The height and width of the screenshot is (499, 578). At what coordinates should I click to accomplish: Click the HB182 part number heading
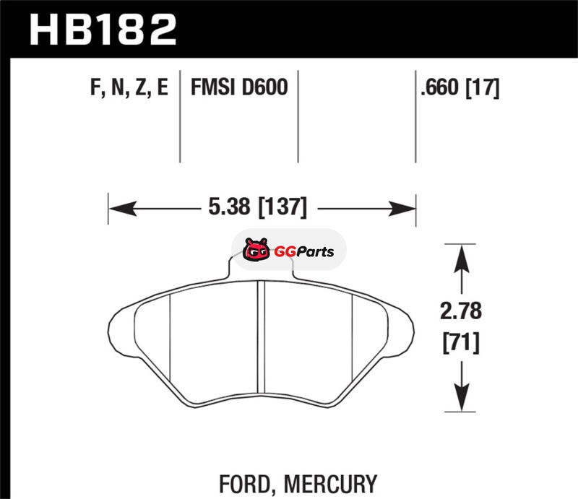coord(103,29)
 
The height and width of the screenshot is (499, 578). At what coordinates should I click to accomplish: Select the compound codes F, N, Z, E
coord(129,87)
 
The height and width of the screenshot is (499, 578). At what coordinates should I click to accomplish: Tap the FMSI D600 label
coord(239,87)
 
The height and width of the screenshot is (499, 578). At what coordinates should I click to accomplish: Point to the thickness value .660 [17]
coord(460,88)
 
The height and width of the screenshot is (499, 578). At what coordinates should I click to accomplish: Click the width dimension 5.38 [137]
coord(257,207)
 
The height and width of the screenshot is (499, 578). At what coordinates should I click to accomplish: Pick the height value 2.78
coord(461,311)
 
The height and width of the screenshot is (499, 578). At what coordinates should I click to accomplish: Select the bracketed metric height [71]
coord(461,343)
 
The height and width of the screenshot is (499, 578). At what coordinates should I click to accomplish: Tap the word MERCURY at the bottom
coord(330,484)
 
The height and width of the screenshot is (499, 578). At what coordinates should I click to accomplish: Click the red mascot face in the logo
coord(256,250)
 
